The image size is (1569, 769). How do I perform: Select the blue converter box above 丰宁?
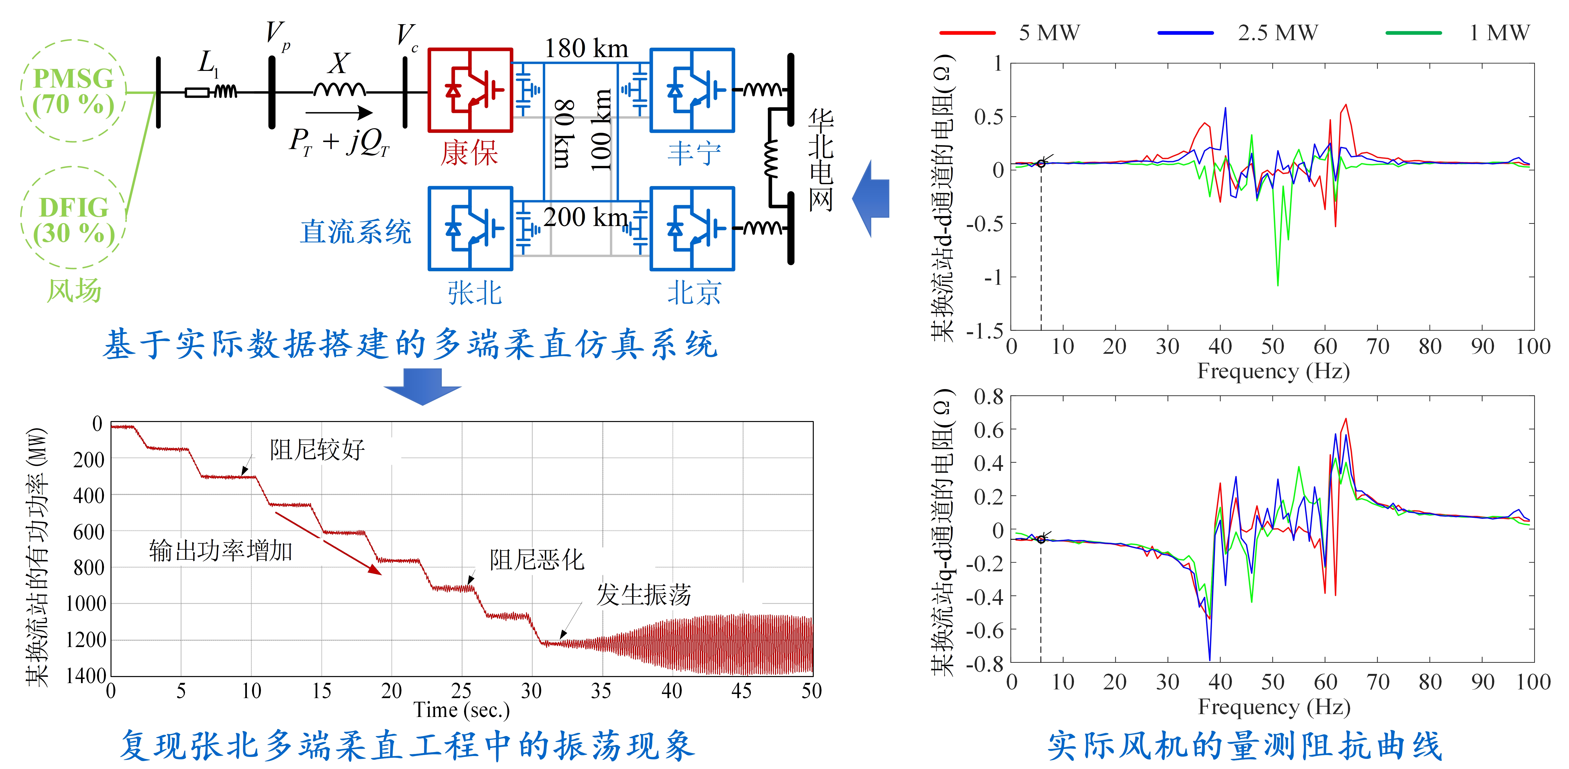(x=692, y=90)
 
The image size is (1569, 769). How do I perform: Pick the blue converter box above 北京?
(x=692, y=228)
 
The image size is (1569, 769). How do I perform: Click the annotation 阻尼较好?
(x=317, y=450)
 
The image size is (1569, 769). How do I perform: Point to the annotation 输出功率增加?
(x=221, y=550)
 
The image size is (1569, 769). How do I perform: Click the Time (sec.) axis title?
(x=461, y=710)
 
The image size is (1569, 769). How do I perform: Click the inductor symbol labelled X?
(x=339, y=90)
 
